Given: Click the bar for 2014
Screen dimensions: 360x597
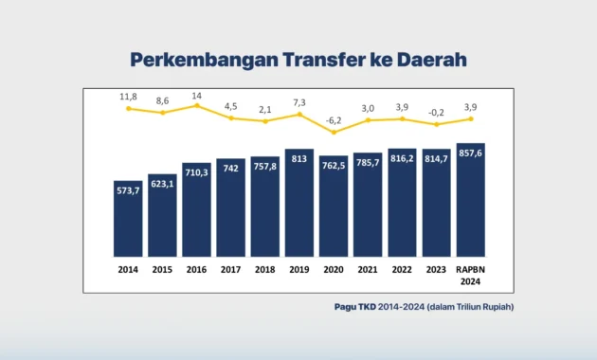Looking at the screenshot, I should [x=127, y=218].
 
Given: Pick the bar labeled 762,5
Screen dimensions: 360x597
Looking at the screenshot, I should [x=333, y=206].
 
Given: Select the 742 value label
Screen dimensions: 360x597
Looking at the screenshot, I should [x=230, y=168].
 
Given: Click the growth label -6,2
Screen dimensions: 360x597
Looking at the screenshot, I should [x=333, y=120].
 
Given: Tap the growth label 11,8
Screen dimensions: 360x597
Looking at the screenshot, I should [x=128, y=97].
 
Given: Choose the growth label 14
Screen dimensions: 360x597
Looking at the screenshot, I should [x=196, y=96].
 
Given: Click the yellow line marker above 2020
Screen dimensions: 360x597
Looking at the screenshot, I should [x=333, y=132].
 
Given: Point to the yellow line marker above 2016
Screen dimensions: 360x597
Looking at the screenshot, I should [x=196, y=105].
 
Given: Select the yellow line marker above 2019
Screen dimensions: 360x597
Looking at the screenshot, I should [x=298, y=114].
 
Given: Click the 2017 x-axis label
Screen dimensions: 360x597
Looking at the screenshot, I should [x=230, y=268].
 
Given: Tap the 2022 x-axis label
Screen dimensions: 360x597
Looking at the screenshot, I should [x=402, y=268].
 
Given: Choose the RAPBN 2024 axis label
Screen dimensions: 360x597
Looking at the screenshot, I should [x=470, y=274].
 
